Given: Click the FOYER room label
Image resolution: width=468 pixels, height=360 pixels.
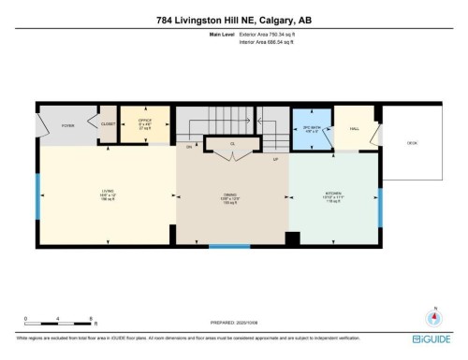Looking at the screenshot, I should click(x=67, y=124).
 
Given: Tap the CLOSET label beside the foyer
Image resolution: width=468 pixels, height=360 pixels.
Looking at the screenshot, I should click(x=109, y=123).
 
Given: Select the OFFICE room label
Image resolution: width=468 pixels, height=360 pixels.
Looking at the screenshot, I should click(x=145, y=122).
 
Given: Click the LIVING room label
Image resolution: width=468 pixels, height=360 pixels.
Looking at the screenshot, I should click(x=108, y=194).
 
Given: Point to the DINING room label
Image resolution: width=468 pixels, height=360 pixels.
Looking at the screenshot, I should click(x=231, y=197).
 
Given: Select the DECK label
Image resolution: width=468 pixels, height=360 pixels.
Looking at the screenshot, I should click(x=411, y=143).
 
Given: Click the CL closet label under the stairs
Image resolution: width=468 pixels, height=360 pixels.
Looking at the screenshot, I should click(x=233, y=144).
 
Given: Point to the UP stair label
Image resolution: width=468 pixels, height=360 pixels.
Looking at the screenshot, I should click(x=275, y=159).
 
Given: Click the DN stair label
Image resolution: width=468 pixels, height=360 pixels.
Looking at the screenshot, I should click(x=188, y=147).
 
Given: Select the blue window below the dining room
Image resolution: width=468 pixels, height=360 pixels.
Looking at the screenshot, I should click(x=228, y=246).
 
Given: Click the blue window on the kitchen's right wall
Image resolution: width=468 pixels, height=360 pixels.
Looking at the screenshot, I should click(x=380, y=209).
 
